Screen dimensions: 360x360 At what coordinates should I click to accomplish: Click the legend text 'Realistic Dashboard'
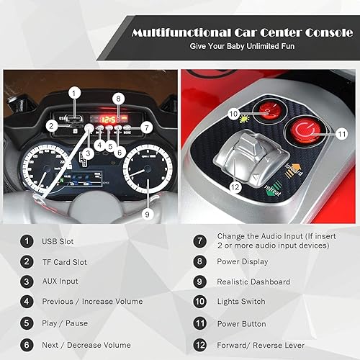coord(255,282)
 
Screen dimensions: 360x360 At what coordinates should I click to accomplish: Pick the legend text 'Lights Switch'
coord(241,302)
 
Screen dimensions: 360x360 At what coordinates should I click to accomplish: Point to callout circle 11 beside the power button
coord(341,133)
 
